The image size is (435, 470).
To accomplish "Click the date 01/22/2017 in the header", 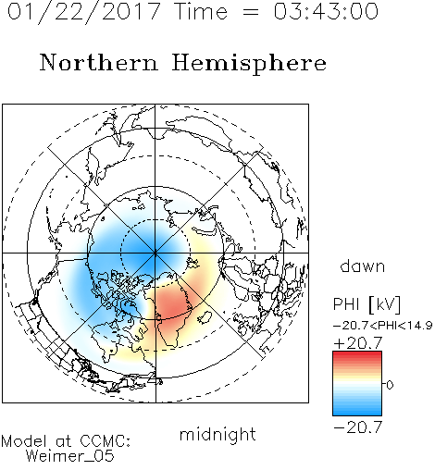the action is pos(83,12).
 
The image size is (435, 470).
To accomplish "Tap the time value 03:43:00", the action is pos(326,11).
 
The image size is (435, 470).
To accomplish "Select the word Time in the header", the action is pos(201,11).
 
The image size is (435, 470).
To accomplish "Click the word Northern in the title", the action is pos(99,62).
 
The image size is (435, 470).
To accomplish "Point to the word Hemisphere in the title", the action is pos(249,64).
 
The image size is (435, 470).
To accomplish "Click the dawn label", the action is pos(363,266).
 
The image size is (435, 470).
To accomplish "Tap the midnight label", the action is pos(217,434).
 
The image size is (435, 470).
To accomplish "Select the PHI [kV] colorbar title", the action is pos(367,304).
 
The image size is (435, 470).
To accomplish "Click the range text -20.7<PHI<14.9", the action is pos(383,326).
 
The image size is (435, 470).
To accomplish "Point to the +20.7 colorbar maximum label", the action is pos(358,343).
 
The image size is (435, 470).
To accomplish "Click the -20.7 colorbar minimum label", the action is pos(358,427).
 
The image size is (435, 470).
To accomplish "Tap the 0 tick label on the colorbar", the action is pos(390,385).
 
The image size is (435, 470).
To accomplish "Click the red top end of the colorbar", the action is pos(357,354).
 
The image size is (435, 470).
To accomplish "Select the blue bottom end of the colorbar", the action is pos(357,413).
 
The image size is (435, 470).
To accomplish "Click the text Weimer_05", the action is pos(70,456).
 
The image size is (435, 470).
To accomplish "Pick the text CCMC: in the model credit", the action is pos(105,441).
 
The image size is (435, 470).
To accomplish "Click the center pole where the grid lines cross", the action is pos(155,254).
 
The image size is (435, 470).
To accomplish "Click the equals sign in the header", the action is pos(251,12).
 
